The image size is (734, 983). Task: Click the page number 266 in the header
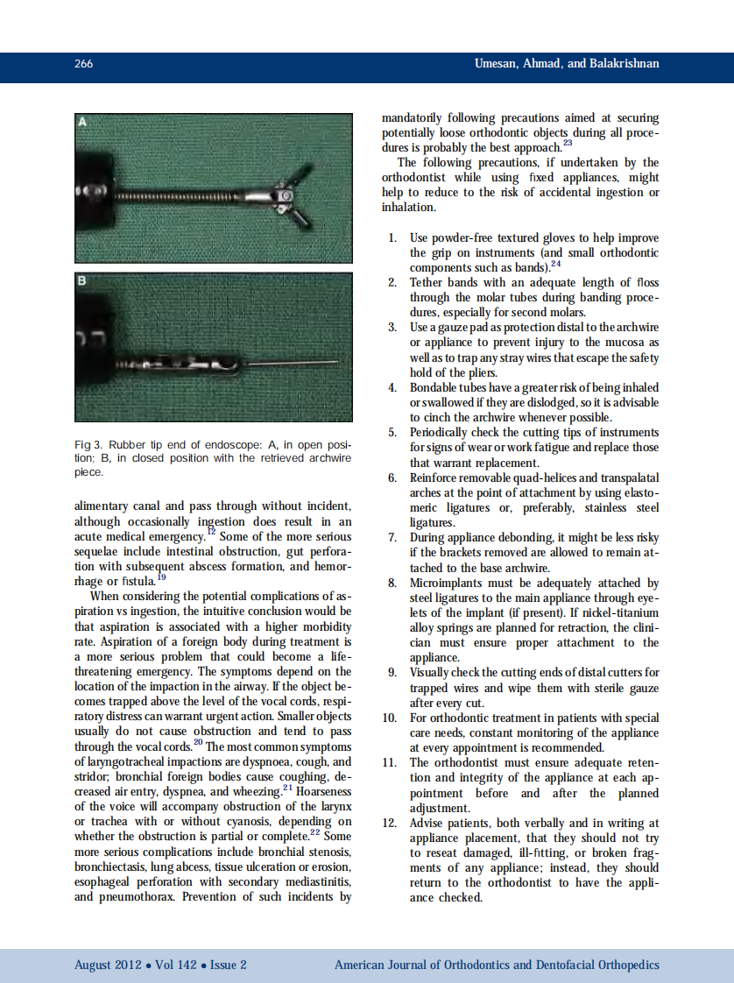[x=84, y=64]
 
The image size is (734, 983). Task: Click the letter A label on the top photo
[x=83, y=121]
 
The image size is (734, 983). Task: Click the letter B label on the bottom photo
[x=82, y=281]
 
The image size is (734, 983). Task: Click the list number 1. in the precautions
[x=393, y=238]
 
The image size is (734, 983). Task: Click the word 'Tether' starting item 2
[x=427, y=283]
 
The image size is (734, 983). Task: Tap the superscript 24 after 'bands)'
[x=555, y=264]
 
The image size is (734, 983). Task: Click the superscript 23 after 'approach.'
[x=568, y=143]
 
